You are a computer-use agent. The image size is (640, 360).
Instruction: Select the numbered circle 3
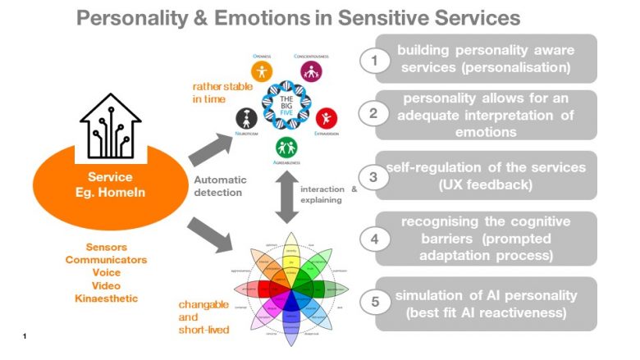click(x=373, y=176)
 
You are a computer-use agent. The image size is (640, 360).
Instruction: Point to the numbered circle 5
click(x=374, y=301)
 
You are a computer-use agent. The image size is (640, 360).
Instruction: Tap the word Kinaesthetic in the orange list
click(x=107, y=298)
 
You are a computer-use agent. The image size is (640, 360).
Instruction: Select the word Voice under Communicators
click(x=107, y=272)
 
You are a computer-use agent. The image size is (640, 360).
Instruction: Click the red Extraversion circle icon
click(x=326, y=117)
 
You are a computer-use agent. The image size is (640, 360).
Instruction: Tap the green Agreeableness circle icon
click(x=286, y=148)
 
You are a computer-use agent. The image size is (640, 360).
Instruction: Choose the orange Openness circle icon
click(x=262, y=71)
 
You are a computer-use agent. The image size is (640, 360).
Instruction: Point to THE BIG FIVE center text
click(x=286, y=104)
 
